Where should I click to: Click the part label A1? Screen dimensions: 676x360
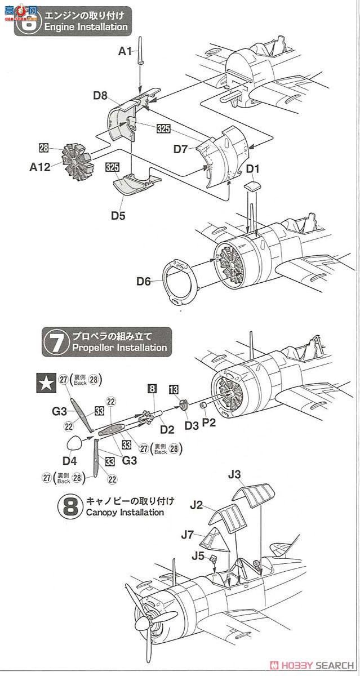(125, 52)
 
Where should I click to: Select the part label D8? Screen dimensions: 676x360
(100, 96)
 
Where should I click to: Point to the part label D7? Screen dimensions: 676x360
(180, 149)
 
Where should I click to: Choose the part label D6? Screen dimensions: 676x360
(144, 281)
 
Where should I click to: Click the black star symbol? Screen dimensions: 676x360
(45, 383)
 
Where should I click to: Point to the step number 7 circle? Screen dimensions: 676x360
(54, 342)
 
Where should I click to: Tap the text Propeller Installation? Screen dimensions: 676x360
(119, 348)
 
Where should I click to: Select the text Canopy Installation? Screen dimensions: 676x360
(125, 513)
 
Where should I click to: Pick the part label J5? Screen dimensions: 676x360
(198, 556)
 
